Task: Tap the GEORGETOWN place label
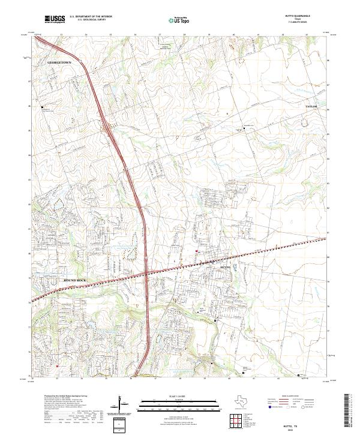(59, 62)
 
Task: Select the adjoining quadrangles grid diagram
(236, 420)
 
